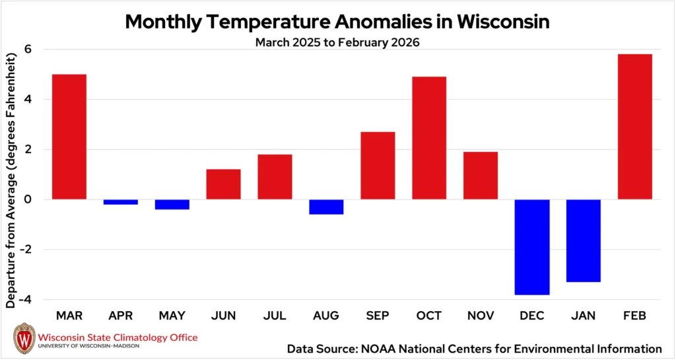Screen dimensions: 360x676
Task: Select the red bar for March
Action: point(69,137)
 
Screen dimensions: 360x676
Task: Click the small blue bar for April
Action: point(121,202)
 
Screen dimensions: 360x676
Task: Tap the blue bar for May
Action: point(172,204)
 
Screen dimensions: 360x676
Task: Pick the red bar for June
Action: point(223,184)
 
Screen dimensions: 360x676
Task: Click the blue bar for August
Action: point(326,207)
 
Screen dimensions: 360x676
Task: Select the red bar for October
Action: point(429,138)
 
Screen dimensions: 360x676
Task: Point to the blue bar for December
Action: point(532,247)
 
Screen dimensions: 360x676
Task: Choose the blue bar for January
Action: point(584,240)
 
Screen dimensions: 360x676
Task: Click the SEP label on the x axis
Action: point(378,316)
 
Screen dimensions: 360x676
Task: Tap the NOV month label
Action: point(481,316)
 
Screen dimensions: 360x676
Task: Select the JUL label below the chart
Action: point(275,316)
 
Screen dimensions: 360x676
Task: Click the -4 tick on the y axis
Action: point(26,300)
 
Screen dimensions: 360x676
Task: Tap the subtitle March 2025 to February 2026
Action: point(337,42)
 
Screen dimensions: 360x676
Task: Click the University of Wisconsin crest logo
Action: point(24,339)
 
